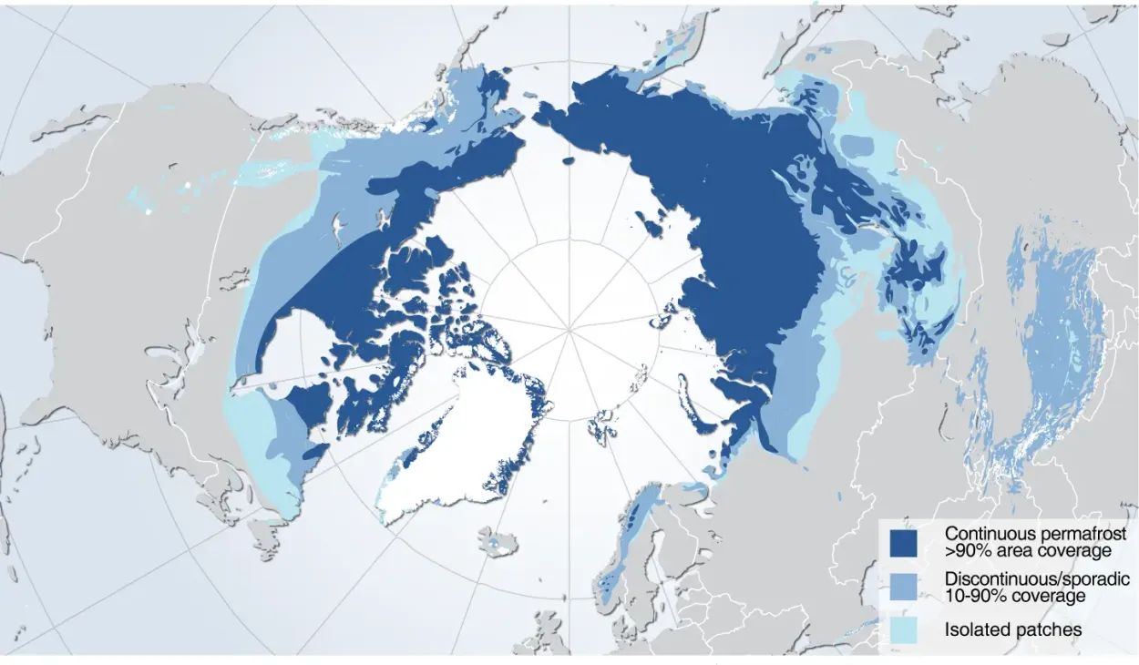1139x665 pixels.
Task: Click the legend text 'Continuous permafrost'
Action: pyautogui.click(x=1035, y=534)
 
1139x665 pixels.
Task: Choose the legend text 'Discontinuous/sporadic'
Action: pyautogui.click(x=1037, y=579)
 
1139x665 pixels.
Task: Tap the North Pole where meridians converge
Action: pyautogui.click(x=569, y=329)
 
